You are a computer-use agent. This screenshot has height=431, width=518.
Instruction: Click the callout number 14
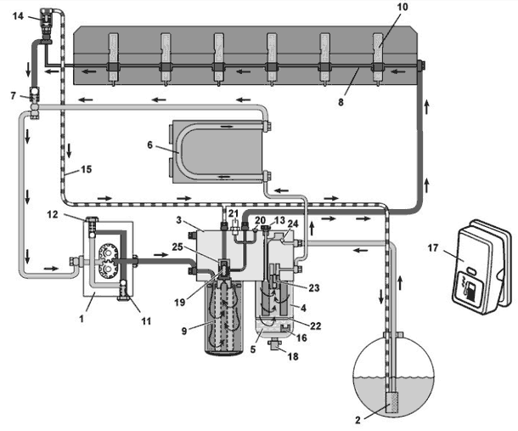[18, 15]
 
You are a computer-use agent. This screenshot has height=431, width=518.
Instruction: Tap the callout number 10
[402, 7]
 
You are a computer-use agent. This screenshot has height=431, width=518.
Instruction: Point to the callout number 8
[341, 101]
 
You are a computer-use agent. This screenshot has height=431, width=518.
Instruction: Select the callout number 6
[150, 145]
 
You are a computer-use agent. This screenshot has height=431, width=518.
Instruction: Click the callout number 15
[86, 169]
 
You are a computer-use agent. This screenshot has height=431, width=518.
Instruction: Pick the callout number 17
[433, 247]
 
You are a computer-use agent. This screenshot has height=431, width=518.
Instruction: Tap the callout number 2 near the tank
[358, 421]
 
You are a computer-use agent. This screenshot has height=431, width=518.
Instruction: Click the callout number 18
[293, 356]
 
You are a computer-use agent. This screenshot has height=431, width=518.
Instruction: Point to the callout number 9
[184, 331]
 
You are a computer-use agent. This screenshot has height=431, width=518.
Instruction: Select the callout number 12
[52, 214]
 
